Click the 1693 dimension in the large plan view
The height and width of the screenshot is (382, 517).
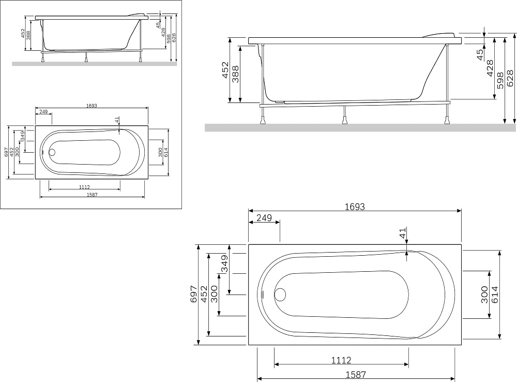coord(355,207)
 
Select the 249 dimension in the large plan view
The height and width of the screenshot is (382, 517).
coord(264,218)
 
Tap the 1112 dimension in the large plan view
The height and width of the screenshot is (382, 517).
coord(341,360)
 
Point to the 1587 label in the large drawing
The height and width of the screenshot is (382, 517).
coord(356,375)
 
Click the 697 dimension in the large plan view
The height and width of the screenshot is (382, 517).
coord(194,294)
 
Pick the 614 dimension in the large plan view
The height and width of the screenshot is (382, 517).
coord(495,295)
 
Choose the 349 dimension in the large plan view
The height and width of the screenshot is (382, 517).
coord(224,263)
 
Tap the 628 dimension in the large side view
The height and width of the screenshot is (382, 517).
coord(510,78)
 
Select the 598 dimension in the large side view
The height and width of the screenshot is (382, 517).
coord(500,81)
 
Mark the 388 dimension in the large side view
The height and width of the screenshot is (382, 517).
coord(235,74)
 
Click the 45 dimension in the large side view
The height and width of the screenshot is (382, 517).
coord(481,54)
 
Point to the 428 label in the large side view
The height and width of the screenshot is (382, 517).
coord(490,68)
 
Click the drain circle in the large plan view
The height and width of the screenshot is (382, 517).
coord(281,294)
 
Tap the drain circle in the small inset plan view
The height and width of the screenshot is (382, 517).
coord(52,153)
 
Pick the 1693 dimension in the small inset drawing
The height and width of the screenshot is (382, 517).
coord(92,106)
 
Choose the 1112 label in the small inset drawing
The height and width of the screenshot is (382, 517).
coord(84,187)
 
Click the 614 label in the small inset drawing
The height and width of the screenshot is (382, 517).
coord(166,152)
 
